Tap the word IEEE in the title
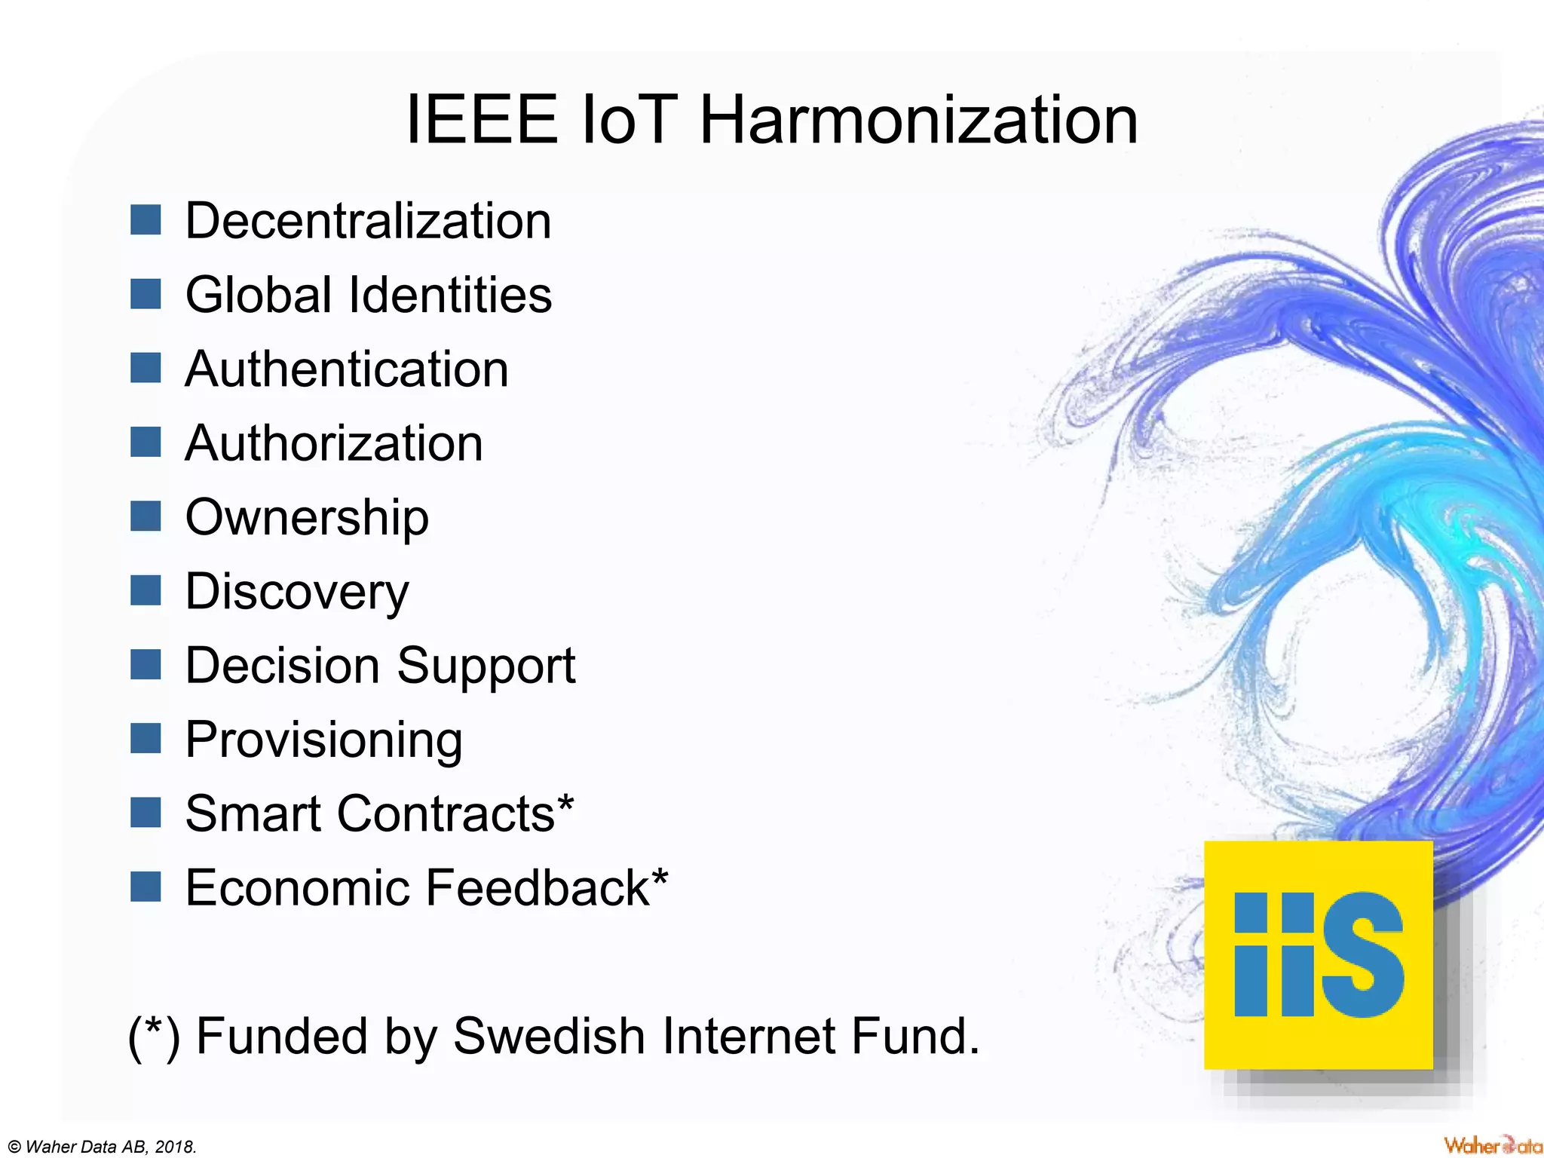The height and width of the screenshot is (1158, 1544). click(x=482, y=121)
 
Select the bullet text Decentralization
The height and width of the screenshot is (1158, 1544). click(x=368, y=222)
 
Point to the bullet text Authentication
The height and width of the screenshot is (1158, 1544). click(x=347, y=369)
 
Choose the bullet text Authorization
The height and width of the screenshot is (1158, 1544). click(x=334, y=443)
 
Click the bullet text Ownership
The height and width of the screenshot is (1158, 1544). click(x=307, y=518)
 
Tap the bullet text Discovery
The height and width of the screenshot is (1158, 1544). click(x=297, y=592)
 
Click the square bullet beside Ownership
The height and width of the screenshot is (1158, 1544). click(x=146, y=517)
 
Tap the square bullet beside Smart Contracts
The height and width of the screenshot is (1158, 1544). click(x=146, y=813)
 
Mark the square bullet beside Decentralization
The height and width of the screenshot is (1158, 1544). click(x=146, y=220)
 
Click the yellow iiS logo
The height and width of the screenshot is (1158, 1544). click(x=1318, y=954)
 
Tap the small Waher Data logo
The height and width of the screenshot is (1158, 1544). click(x=1493, y=1145)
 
